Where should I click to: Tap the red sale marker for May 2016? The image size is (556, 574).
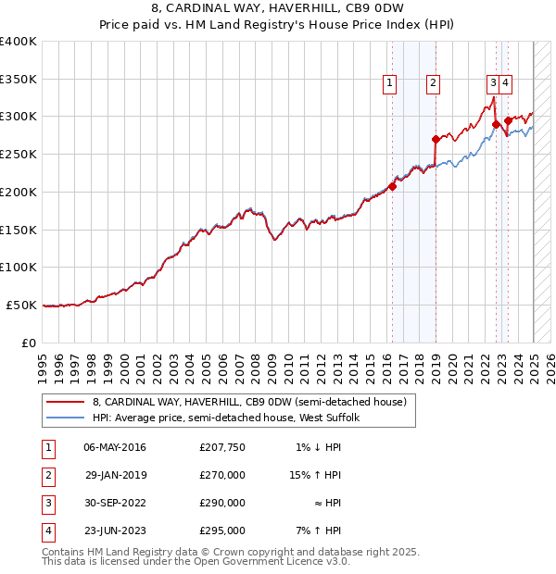[x=392, y=186]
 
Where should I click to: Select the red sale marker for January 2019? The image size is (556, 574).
[x=436, y=139]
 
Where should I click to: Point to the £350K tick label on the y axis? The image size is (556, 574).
[x=19, y=80]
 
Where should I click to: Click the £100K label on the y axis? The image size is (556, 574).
[x=19, y=267]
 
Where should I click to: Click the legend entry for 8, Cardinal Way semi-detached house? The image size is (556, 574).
[x=249, y=403]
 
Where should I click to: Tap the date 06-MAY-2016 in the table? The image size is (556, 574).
[x=115, y=447]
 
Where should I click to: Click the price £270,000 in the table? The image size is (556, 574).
[x=222, y=475]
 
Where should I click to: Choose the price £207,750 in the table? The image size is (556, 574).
[x=222, y=447]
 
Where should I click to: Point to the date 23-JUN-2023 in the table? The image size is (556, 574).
[x=115, y=530]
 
